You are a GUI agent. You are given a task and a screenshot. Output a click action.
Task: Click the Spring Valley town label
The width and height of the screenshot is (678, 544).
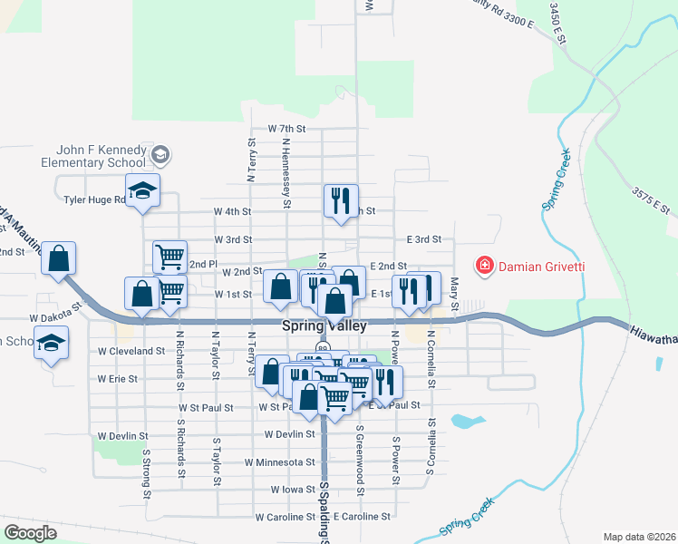[323, 325]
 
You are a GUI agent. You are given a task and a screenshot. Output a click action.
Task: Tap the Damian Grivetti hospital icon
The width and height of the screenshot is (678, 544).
[485, 266]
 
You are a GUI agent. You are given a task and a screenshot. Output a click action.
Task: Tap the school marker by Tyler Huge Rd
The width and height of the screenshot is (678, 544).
[142, 190]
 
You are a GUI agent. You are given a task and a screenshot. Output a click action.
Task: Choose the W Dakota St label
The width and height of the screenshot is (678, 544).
[56, 318]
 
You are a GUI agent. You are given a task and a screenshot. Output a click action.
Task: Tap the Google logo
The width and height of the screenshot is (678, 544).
[30, 533]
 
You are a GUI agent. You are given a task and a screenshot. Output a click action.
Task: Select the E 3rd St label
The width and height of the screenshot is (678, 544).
[423, 239]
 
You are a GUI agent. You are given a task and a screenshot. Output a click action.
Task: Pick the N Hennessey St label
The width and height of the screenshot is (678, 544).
[286, 173]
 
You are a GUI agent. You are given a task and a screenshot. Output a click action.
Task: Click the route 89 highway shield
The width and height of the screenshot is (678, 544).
[323, 347]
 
